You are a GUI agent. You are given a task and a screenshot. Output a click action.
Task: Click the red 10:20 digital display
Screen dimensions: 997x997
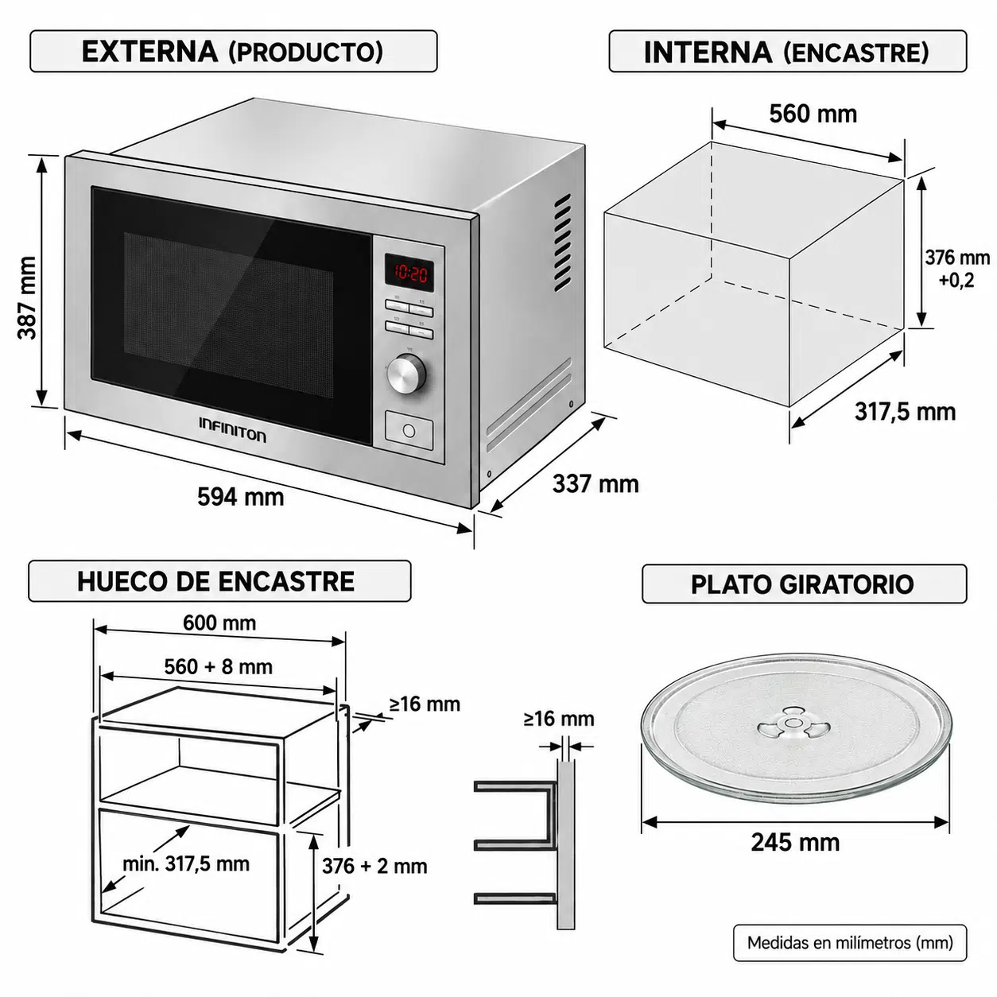[x=409, y=272]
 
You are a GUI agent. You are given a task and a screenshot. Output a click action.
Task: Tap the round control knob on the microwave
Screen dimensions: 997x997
[x=406, y=374]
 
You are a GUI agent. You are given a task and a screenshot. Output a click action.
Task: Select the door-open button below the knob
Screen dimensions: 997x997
[x=409, y=430]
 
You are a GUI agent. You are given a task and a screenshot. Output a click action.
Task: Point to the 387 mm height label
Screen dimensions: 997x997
[x=27, y=297]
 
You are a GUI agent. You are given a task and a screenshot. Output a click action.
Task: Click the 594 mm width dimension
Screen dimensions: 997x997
[x=241, y=497]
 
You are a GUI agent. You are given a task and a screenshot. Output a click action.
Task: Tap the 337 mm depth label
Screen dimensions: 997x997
[x=595, y=484]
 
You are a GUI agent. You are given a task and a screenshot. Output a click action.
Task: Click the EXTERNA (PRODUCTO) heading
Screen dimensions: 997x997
[x=232, y=51]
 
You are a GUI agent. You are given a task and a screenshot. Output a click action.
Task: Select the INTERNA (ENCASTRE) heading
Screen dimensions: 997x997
[x=786, y=52]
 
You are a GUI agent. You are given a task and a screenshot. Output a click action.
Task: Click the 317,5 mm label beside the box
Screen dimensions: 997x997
[x=905, y=413]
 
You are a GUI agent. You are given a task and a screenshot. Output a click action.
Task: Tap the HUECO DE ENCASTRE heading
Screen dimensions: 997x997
[x=215, y=581]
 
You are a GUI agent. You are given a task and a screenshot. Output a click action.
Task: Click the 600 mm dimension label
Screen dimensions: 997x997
[x=219, y=623]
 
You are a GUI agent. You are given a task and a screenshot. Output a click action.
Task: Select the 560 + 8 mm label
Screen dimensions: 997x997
[x=219, y=667]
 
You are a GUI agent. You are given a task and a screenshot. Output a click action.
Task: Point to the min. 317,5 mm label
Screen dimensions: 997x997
[x=186, y=864]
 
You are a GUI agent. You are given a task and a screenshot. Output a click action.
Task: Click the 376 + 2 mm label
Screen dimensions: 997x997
[x=374, y=867]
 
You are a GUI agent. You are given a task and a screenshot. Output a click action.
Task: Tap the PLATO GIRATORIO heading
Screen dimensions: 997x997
[x=802, y=584]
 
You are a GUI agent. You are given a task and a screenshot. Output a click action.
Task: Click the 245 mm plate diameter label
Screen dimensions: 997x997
[x=795, y=842]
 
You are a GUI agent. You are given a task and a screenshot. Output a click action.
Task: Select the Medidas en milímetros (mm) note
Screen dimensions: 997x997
[x=850, y=943]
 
